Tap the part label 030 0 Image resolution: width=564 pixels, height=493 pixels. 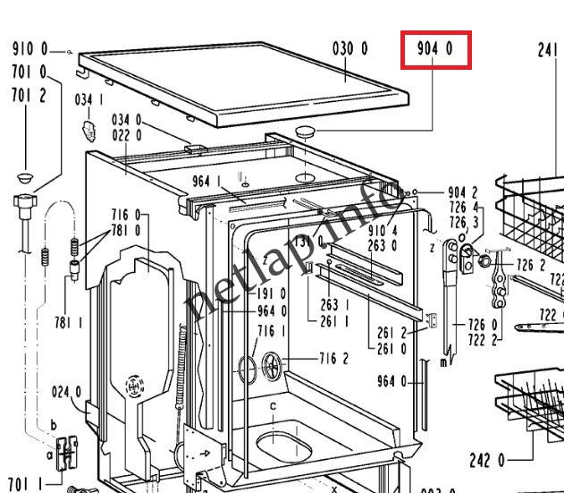pyautogui.click(x=349, y=48)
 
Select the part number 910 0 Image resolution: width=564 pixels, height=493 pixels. pyautogui.click(x=29, y=50)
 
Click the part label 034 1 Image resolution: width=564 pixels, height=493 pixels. pyautogui.click(x=89, y=99)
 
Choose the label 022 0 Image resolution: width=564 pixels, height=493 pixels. pyautogui.click(x=126, y=135)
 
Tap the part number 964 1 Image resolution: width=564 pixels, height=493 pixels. pyautogui.click(x=207, y=183)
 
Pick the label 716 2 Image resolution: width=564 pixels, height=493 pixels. pyautogui.click(x=334, y=360)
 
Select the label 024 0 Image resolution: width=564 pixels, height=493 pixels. pyautogui.click(x=66, y=391)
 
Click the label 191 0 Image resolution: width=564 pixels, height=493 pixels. pyautogui.click(x=272, y=293)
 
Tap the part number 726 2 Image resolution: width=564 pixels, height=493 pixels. pyautogui.click(x=531, y=265)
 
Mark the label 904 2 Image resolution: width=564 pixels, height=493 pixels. pyautogui.click(x=462, y=192)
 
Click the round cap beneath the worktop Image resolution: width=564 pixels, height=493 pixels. pyautogui.click(x=307, y=132)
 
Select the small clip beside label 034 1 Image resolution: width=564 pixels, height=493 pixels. pyautogui.click(x=88, y=128)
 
